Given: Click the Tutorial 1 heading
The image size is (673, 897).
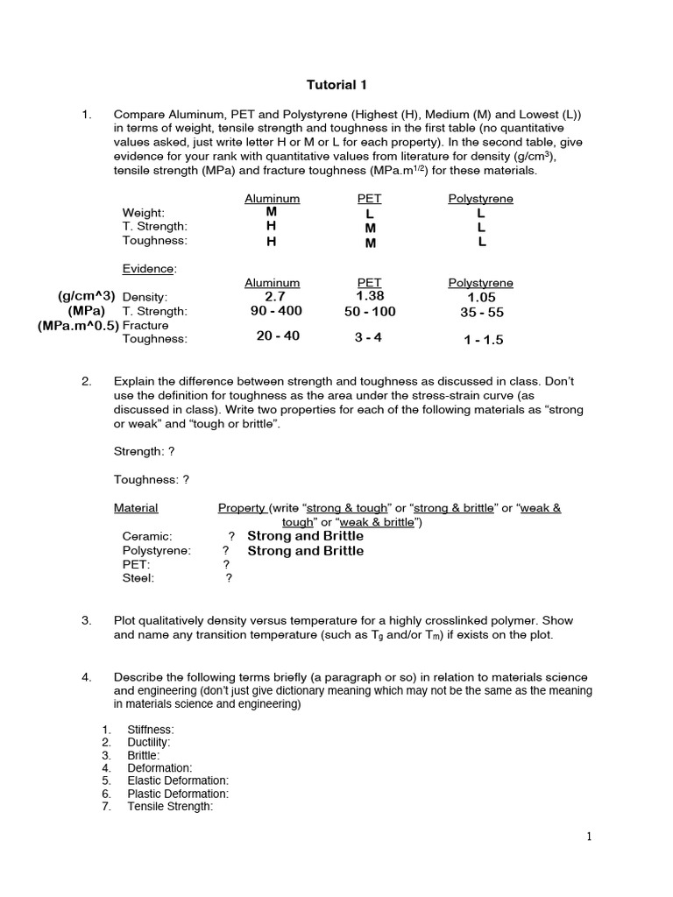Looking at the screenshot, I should pos(336,85).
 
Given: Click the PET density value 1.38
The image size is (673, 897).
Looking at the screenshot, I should pos(369,296).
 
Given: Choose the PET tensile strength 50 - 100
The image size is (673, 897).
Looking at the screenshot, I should pos(369,312).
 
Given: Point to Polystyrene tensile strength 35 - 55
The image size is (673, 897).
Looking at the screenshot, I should pos(481,313).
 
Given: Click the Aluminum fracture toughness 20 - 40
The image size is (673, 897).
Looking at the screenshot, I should pos(278,336).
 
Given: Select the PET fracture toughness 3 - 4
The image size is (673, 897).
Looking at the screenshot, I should pos(368,337).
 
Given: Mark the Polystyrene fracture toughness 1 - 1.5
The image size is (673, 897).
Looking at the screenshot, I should pos(483,340).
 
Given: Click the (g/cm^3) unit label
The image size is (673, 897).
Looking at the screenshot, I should pos(86,296).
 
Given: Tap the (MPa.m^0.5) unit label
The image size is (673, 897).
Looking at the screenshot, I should pos(78,326).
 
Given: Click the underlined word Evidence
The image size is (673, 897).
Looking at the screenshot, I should pos(149,268).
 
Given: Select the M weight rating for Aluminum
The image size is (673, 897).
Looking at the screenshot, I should pos(271,211).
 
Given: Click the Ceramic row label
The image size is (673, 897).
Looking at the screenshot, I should pos(147,536).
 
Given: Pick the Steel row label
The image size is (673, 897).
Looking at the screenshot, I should pos(138,578).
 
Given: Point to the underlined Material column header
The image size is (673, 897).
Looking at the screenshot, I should pos(136,508).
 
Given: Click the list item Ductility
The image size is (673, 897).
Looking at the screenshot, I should pos(148,742).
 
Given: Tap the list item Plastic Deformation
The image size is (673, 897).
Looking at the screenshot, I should pos(177,794).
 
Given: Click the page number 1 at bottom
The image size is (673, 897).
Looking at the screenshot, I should pos(589,837).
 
